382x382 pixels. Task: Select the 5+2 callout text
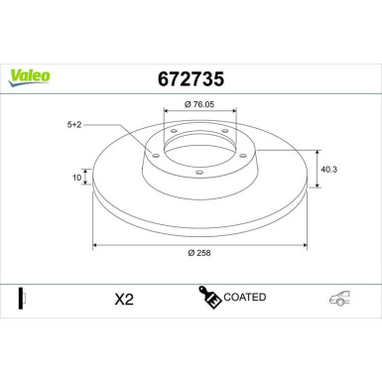tap(73, 125)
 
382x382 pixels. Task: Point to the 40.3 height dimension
tap(329, 170)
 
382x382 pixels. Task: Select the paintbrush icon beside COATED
tap(209, 298)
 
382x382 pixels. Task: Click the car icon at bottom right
tap(340, 300)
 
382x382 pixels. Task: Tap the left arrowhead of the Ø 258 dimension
tap(95, 244)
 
